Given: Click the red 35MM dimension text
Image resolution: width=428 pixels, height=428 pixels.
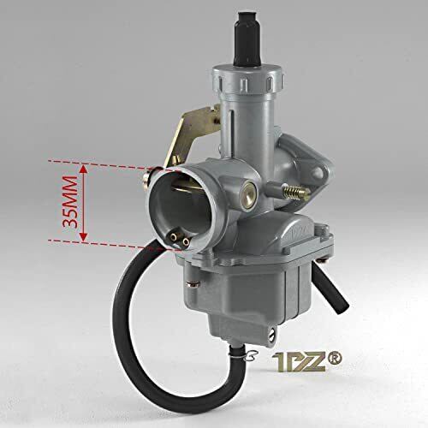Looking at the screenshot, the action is tap(70, 202).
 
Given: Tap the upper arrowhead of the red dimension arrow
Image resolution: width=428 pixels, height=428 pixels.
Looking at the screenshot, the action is tap(83, 169).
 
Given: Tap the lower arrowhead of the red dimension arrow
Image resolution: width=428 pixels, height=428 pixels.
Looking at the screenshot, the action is tap(83, 236).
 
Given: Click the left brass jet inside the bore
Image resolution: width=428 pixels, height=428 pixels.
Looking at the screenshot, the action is tap(173, 236).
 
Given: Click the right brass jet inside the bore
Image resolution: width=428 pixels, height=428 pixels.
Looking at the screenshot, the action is tap(186, 242).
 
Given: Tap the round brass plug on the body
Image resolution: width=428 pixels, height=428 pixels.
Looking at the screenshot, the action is tap(247, 195).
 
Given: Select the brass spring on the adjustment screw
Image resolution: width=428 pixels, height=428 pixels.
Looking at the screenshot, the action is tap(292, 191).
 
